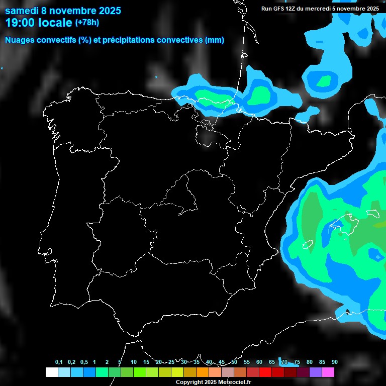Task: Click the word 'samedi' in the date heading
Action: click(22, 11)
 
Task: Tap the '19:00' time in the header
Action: click(21, 23)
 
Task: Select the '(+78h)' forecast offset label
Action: click(87, 23)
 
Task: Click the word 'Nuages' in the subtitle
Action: click(20, 40)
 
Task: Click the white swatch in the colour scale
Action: click(51, 372)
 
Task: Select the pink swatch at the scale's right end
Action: click(328, 372)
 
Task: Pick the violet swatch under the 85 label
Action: click(316, 372)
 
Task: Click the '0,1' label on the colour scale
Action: click(59, 362)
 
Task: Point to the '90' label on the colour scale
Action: click(335, 362)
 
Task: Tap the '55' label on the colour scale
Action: click(247, 362)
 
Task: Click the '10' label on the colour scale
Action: click(134, 362)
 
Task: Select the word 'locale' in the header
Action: click(55, 23)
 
